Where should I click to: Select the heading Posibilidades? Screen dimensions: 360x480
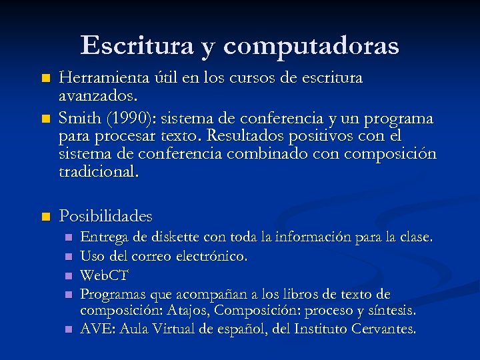pos(105,216)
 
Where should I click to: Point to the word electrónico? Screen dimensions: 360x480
pos(215,256)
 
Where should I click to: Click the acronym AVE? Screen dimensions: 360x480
pos(94,329)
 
